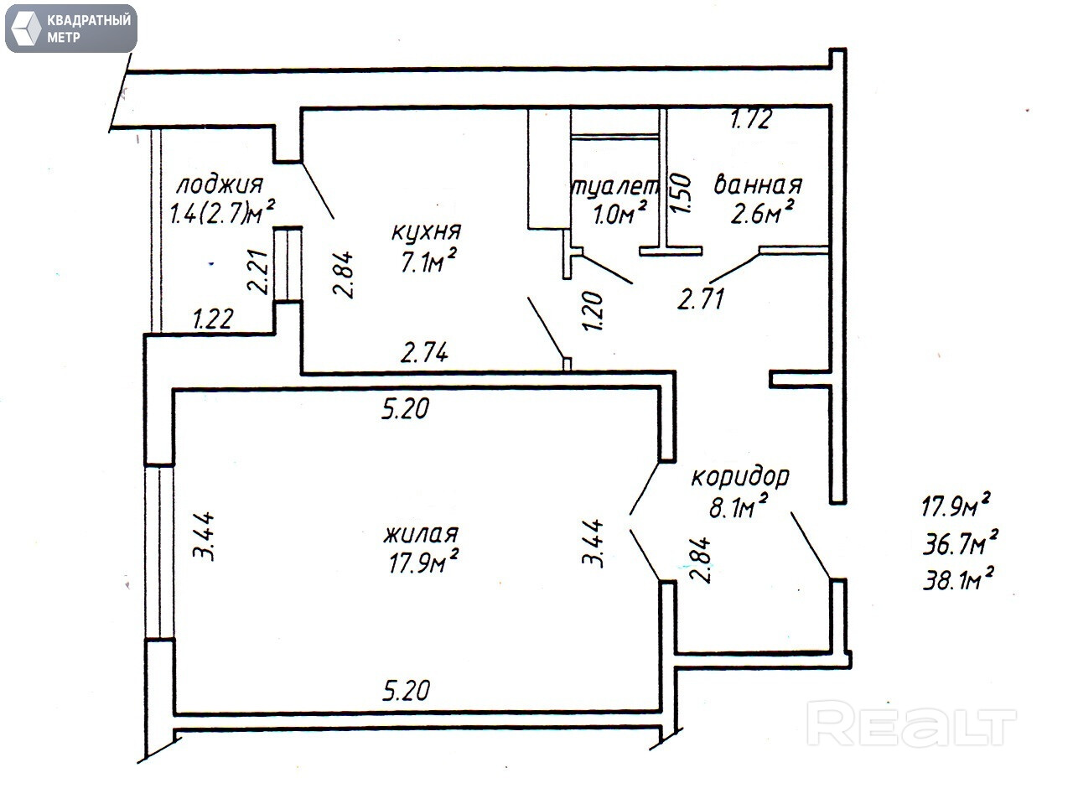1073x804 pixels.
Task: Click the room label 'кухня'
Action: click(426, 231)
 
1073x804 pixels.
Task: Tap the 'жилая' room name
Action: click(421, 533)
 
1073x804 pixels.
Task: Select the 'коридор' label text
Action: click(739, 477)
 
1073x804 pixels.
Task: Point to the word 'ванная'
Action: click(758, 184)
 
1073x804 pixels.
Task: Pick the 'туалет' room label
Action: click(615, 186)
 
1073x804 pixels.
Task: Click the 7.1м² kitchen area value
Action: click(428, 262)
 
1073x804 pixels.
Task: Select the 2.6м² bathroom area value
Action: click(761, 215)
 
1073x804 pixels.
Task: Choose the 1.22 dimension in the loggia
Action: click(213, 318)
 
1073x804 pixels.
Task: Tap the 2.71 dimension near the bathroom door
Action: click(701, 298)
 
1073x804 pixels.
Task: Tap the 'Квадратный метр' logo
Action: click(70, 28)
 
